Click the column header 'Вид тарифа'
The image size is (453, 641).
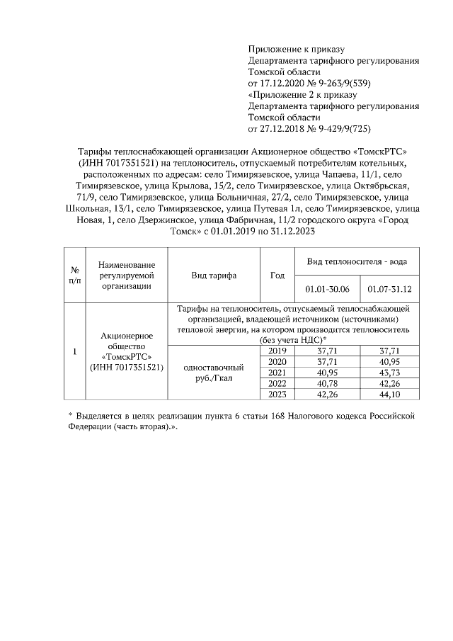(214, 276)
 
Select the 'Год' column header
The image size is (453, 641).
(277, 276)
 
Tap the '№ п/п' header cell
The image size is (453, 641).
(74, 276)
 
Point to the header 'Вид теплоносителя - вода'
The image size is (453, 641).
(356, 261)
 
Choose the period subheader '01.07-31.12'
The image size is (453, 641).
(389, 290)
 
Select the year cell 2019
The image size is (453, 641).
(277, 350)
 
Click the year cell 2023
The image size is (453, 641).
(277, 394)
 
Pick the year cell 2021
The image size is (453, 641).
(277, 372)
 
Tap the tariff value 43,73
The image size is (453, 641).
(389, 372)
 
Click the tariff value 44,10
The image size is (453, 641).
(389, 394)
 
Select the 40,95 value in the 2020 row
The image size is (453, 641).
(389, 361)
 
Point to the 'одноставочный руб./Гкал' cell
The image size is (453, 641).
(214, 373)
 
